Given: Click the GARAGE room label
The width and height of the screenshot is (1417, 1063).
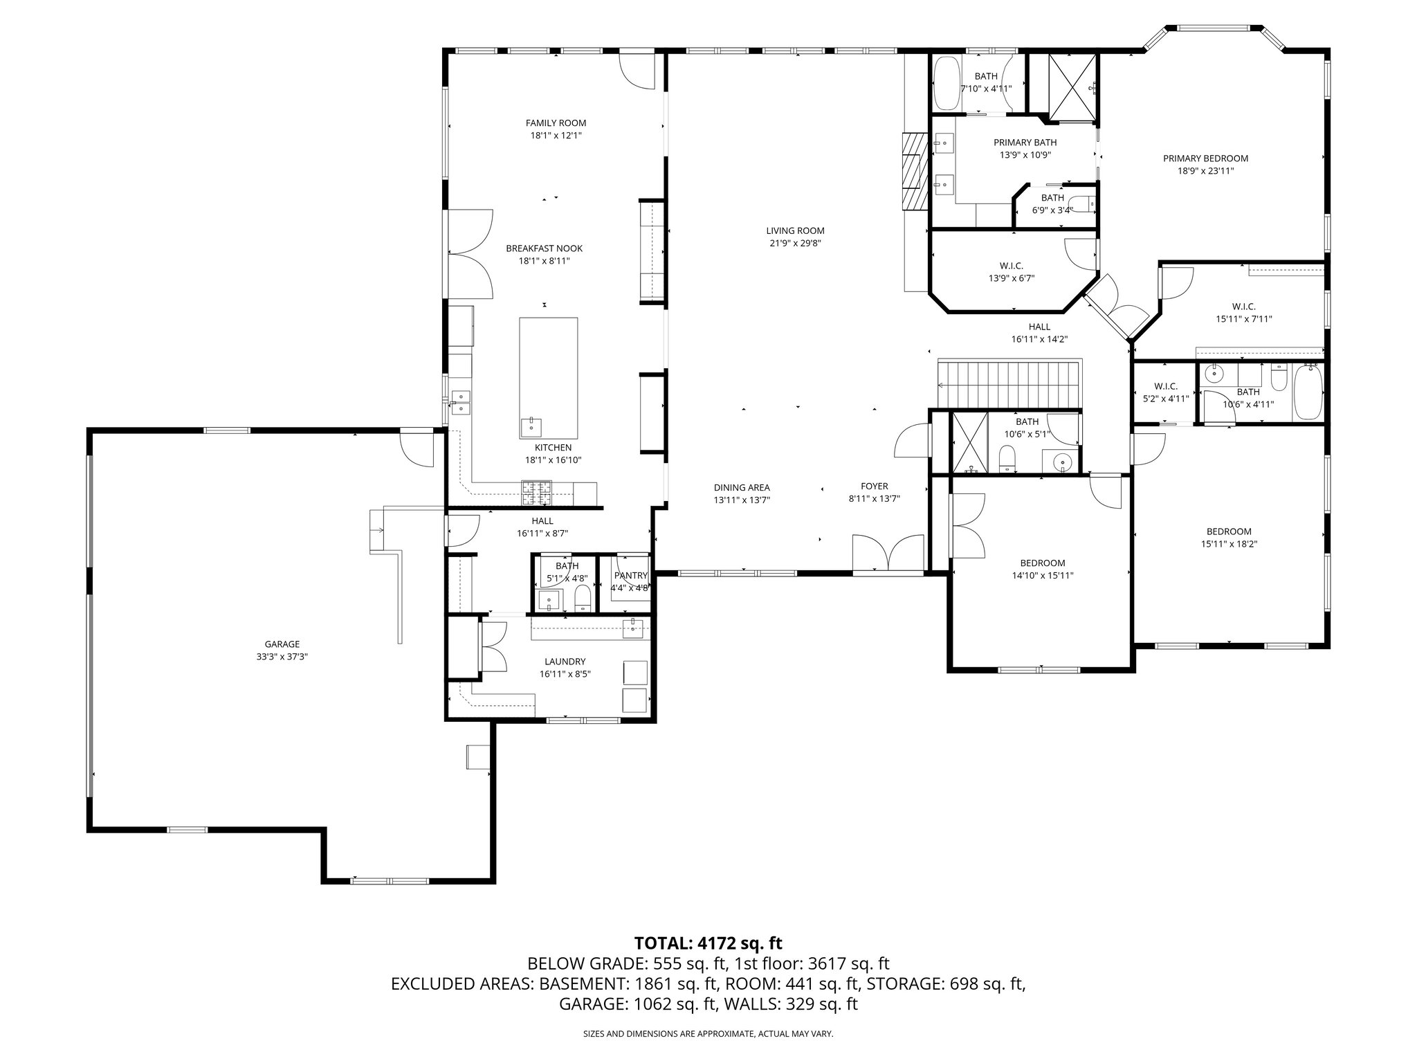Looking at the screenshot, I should tap(282, 644).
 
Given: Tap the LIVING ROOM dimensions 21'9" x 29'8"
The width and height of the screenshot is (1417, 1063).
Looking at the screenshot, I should tap(795, 243).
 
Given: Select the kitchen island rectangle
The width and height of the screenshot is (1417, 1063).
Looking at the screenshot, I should tap(548, 378).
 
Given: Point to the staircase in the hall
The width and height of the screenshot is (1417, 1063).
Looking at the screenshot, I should tap(1009, 383).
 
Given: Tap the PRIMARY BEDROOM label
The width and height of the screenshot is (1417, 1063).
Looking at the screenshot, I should tap(1205, 158).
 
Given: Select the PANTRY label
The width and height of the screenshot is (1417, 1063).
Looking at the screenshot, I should tap(630, 576).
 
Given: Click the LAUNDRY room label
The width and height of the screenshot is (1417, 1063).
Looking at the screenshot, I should tap(565, 661).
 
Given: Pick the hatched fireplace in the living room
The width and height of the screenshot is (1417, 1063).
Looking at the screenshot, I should tap(915, 170).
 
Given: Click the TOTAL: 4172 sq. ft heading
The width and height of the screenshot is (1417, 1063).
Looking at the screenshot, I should tap(708, 943).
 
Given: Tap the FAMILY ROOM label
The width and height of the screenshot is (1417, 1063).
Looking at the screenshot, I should tap(556, 123).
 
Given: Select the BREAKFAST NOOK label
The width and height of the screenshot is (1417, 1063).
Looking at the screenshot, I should tap(544, 248).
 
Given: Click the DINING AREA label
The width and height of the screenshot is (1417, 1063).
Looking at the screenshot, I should tap(742, 487).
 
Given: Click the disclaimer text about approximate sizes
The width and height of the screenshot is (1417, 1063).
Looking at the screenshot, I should tap(708, 1034).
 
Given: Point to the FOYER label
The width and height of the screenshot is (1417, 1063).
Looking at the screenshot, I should tap(874, 487).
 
